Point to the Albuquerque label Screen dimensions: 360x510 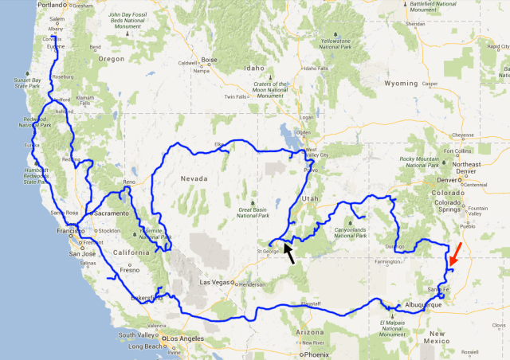tap(422, 304)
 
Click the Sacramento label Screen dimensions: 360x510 tap(112, 213)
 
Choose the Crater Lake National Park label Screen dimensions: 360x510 tap(74, 80)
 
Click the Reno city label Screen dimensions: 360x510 tap(130, 182)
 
